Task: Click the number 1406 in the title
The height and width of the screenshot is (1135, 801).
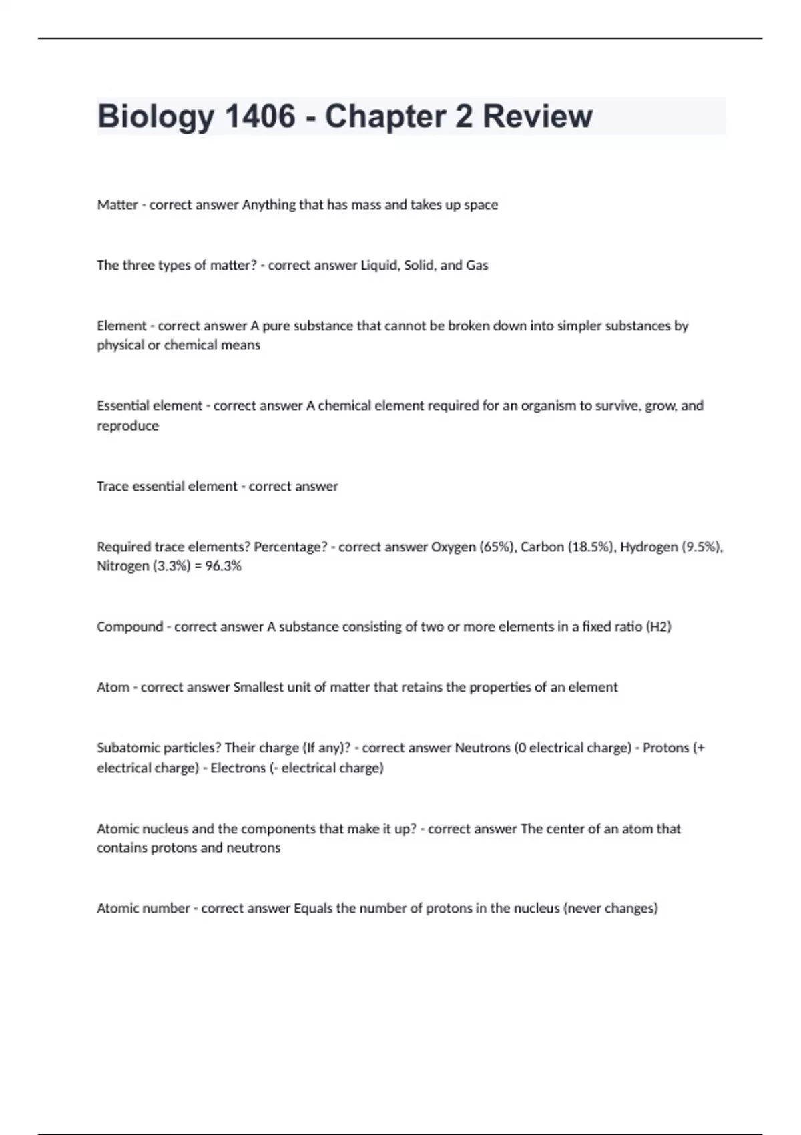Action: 260,116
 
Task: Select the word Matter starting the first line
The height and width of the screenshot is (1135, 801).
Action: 117,205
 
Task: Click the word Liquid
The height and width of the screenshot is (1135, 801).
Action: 380,266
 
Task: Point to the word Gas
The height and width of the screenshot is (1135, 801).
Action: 477,266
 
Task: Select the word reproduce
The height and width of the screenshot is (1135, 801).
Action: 127,426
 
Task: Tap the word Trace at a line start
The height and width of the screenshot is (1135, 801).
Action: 112,487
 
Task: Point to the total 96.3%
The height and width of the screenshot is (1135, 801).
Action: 223,566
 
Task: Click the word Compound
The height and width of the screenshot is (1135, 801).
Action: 129,627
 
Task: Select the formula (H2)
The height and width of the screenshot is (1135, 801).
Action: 659,627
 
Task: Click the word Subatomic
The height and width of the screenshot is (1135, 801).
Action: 125,748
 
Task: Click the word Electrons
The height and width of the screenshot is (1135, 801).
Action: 238,768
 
